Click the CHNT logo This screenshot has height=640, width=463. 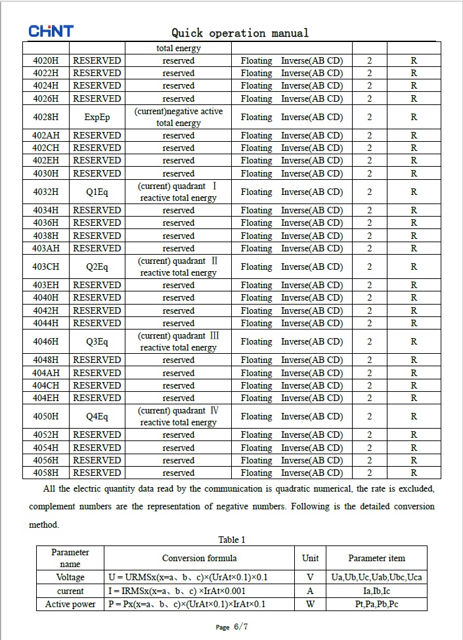tap(51, 32)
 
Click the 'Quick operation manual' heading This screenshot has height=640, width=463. tap(240, 33)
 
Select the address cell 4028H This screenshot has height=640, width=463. tap(46, 117)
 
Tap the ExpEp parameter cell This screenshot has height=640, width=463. tap(97, 117)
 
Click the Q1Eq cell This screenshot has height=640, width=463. tap(97, 192)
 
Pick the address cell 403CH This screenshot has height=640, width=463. tap(46, 267)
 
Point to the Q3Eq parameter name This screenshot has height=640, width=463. tap(97, 341)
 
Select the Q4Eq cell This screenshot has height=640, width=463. tap(97, 416)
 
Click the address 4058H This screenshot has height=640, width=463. tap(46, 473)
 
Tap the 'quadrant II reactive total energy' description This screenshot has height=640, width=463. tap(179, 267)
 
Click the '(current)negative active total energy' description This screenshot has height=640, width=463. tap(179, 117)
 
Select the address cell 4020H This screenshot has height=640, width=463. tap(46, 60)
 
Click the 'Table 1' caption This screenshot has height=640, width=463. tap(232, 540)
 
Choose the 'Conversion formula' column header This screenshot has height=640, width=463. tap(200, 558)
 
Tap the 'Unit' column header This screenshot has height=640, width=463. tap(310, 558)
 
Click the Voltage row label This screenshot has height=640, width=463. tap(70, 577)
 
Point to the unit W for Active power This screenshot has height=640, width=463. tap(310, 604)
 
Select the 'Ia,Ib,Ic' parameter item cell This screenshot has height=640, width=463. tap(376, 591)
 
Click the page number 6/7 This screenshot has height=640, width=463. tap(240, 627)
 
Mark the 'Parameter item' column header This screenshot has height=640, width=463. tap(376, 558)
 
